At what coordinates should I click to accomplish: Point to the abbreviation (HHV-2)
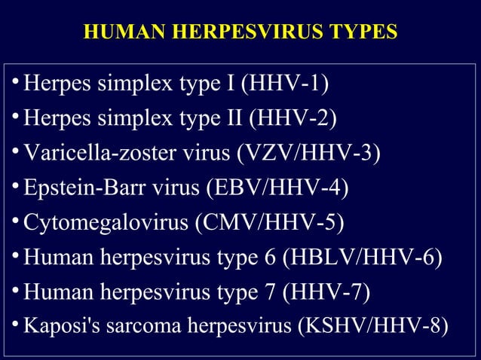293,118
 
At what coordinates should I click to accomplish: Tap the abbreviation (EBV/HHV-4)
278,188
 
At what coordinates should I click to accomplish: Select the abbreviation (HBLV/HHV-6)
362,258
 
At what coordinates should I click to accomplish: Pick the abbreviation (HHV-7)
326,292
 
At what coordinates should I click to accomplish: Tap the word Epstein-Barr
76,188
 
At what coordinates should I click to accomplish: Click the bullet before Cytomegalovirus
17,222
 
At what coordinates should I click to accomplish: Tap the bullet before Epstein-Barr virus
17,188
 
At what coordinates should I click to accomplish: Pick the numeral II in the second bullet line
235,118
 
